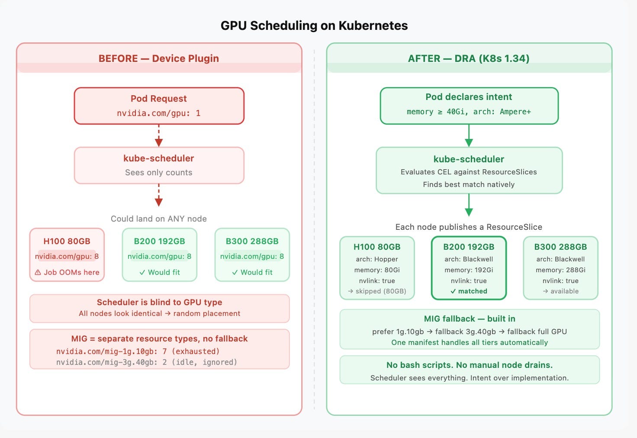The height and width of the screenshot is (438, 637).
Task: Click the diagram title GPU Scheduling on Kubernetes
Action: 314,26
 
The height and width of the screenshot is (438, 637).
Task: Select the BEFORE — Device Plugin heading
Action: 159,58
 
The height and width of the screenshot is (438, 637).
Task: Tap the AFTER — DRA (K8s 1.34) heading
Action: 469,58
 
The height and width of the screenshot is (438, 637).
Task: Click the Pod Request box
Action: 159,106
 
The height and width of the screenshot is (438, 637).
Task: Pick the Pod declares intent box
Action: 469,106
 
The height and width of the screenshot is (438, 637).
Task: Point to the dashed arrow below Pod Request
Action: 159,135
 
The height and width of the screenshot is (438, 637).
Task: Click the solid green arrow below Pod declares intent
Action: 469,135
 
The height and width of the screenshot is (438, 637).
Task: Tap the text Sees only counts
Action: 159,172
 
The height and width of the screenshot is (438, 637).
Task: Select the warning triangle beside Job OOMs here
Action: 38,273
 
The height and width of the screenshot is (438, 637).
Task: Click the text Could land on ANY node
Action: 159,219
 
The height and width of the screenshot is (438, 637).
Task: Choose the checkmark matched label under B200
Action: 469,291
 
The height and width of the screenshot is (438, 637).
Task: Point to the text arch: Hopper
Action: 377,259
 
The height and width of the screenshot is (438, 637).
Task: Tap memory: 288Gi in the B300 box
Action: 560,270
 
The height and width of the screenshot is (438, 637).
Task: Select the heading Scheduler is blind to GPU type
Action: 159,302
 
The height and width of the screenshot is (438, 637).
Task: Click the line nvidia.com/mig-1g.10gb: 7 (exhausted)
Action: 138,351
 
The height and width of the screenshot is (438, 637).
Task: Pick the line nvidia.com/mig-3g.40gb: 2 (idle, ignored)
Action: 146,362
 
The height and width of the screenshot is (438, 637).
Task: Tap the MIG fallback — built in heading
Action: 470,319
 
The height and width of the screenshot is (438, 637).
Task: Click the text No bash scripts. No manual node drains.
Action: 470,365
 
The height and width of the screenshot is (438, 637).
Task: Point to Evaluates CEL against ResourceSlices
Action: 469,172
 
